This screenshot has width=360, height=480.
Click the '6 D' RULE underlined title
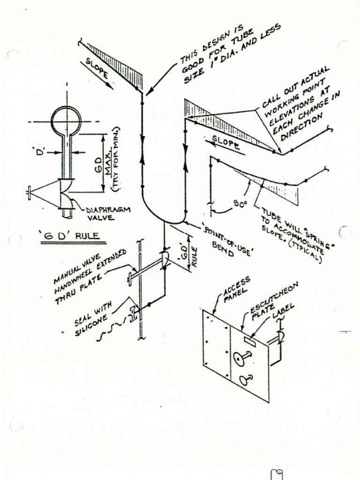pos(72,236)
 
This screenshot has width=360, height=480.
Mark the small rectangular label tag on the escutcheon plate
pos(250,341)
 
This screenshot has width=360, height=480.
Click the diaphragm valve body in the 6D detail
pos(67,194)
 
